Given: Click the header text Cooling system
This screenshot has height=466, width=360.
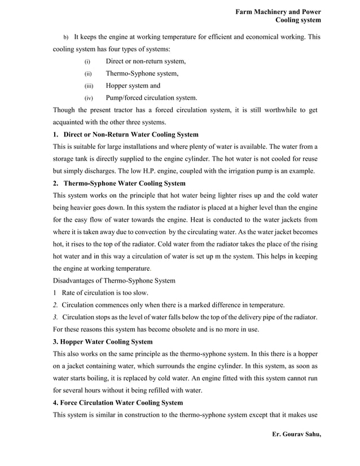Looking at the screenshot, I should [x=298, y=20].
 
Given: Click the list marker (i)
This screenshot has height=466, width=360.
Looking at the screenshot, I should [x=87, y=61].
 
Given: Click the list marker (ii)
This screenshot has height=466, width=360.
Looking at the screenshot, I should [x=87, y=74].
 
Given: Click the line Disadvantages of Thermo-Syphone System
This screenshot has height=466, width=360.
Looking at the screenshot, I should [x=114, y=281].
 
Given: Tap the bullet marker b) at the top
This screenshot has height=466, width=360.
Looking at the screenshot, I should [x=65, y=37].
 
